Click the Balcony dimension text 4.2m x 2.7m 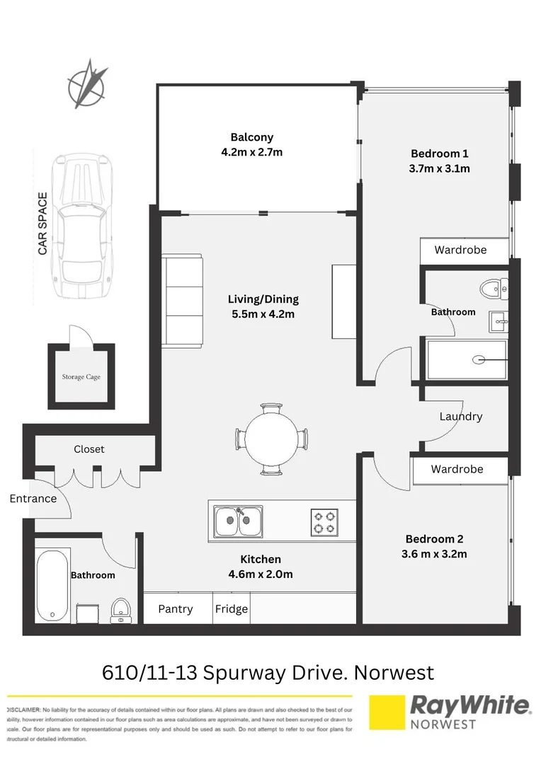[x=251, y=152]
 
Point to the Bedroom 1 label [x=440, y=154]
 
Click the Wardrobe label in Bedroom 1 [x=460, y=250]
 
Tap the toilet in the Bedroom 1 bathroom [x=494, y=289]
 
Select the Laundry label [x=460, y=417]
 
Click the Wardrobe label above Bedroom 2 [x=457, y=469]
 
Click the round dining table [x=273, y=439]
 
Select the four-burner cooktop [x=324, y=522]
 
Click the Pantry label [x=176, y=609]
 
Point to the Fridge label [x=232, y=609]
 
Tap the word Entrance [x=33, y=499]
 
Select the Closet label [x=89, y=449]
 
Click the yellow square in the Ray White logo [x=387, y=712]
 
